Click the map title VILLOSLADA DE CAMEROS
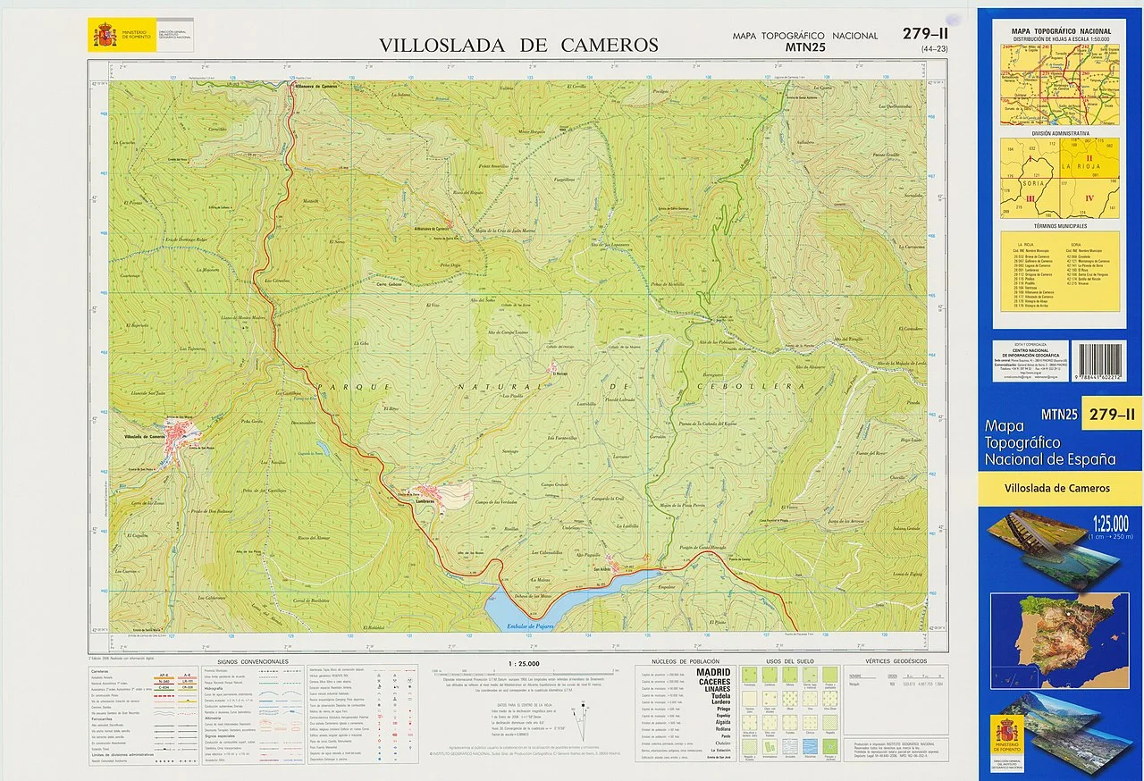pos(518,46)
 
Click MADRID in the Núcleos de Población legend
pos(707,672)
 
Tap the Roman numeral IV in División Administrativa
pos(1089,197)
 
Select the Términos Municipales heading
pos(1059,226)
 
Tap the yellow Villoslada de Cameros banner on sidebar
pos(1059,488)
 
